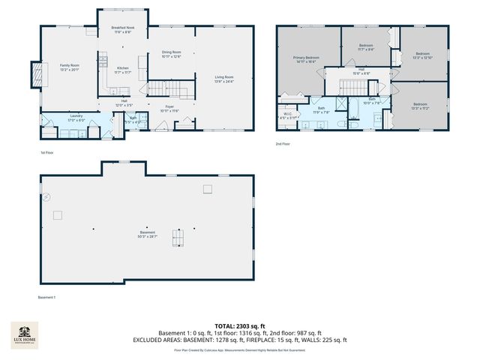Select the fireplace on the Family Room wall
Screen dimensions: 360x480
pos(35,74)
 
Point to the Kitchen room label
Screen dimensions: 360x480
pos(122,69)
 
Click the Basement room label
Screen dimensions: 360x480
pos(147,234)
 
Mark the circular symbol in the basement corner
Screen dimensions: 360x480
pos(46,197)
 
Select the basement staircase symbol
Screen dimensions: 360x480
pos(178,238)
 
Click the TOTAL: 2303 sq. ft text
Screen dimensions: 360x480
pos(239,326)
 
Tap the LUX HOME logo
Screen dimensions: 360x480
pos(24,335)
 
